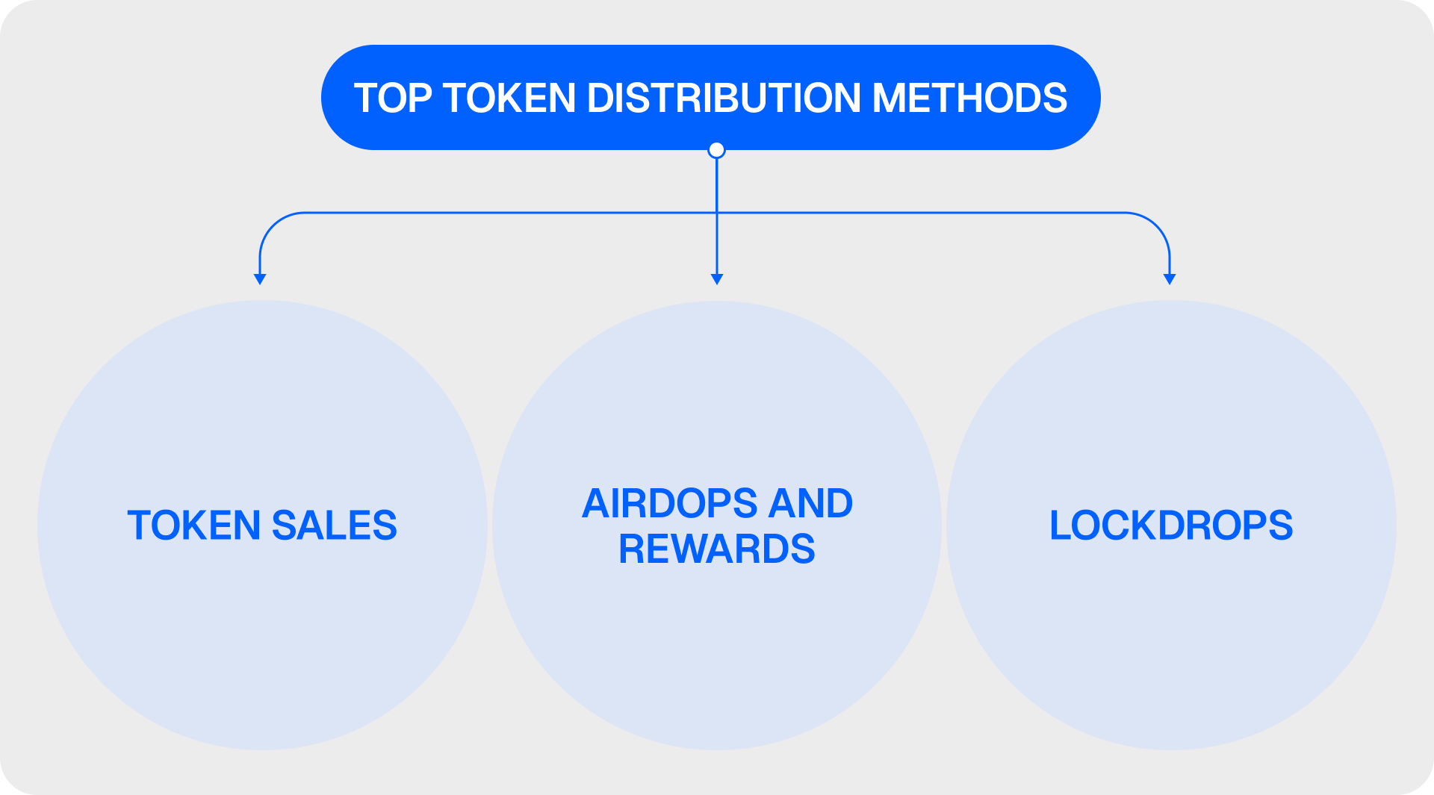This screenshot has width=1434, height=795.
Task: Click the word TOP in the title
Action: [392, 99]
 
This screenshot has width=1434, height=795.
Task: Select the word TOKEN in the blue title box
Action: [509, 99]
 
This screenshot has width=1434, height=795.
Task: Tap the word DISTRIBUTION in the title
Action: [724, 99]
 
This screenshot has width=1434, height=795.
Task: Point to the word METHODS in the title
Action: [970, 99]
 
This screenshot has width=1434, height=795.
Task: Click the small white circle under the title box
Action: [716, 150]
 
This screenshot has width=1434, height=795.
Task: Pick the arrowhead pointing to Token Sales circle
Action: [260, 279]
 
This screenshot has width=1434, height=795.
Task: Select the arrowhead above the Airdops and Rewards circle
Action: [717, 279]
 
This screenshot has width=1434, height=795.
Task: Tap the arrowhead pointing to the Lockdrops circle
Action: [1170, 279]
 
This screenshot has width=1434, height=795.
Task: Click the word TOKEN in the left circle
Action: [194, 526]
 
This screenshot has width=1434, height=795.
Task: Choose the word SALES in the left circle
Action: [335, 526]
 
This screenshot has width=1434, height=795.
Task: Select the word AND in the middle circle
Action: [811, 503]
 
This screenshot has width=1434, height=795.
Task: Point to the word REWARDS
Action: [717, 549]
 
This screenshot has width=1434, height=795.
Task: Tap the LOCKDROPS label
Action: [1171, 526]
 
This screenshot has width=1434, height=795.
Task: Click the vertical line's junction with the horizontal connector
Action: [717, 213]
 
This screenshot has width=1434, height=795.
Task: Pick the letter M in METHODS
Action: [890, 99]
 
